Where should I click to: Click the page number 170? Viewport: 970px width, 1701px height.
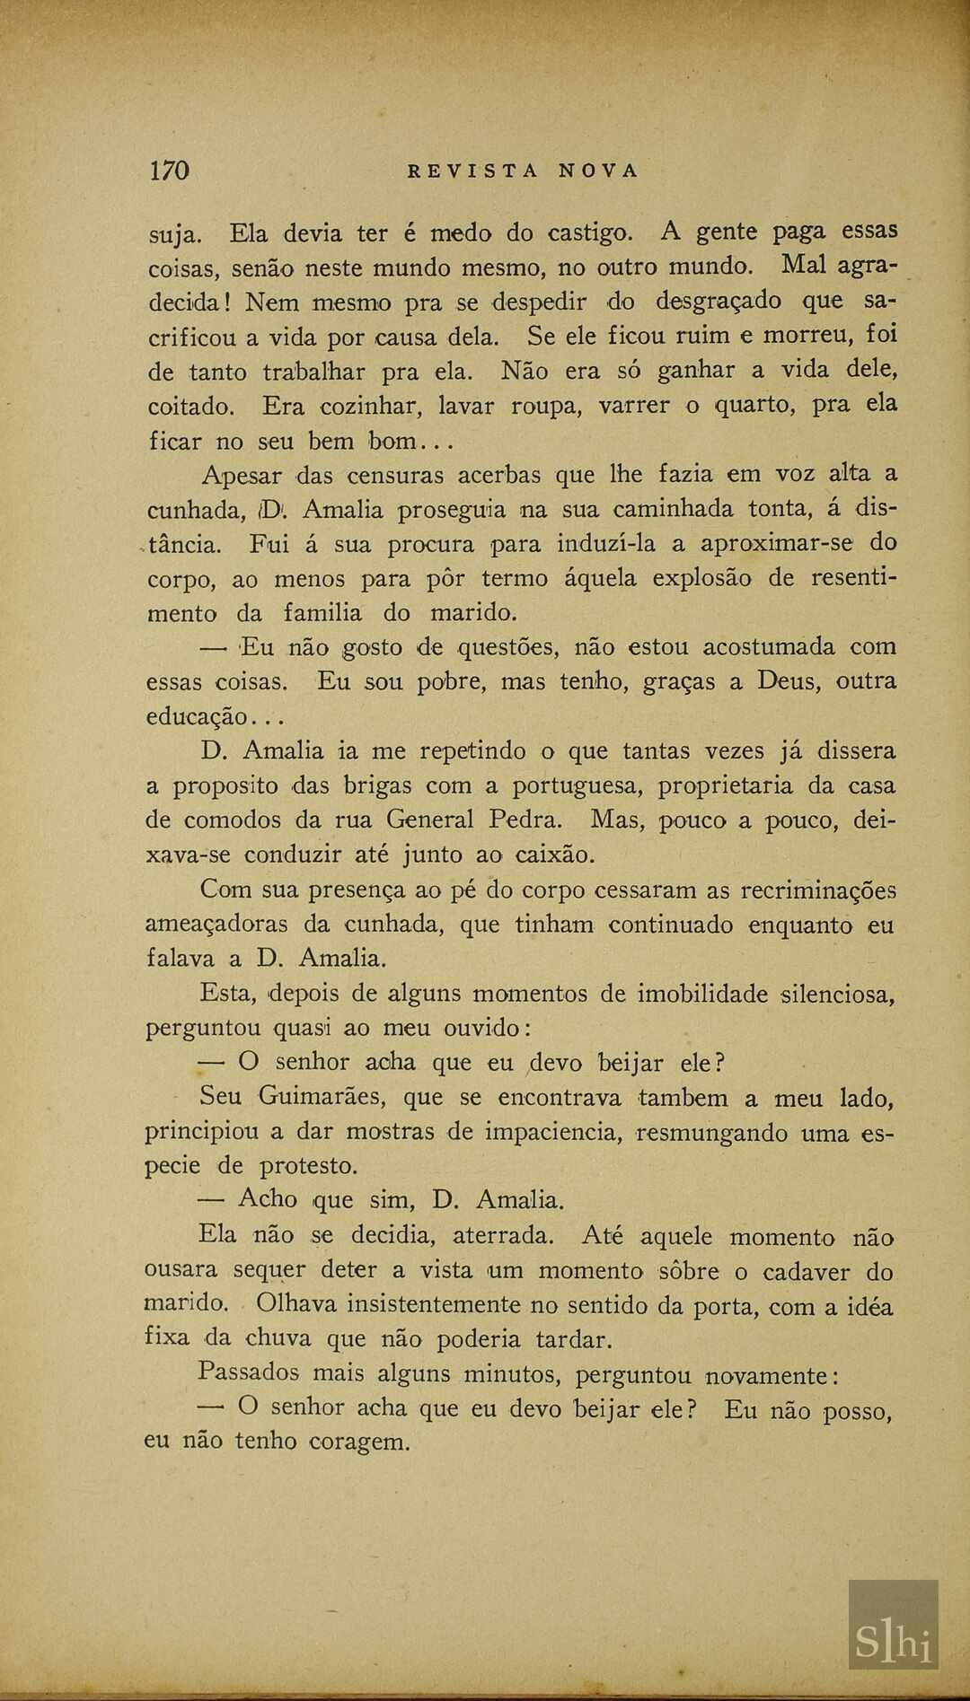click(169, 171)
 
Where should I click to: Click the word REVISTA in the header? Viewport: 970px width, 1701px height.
click(473, 171)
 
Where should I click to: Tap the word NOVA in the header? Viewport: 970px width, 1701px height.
click(598, 171)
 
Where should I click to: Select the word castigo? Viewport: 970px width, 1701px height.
click(590, 234)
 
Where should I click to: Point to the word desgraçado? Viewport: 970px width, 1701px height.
click(719, 302)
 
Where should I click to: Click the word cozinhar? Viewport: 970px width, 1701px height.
click(372, 407)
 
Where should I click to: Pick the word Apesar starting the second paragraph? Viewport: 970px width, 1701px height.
click(242, 476)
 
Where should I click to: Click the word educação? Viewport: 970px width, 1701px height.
click(197, 717)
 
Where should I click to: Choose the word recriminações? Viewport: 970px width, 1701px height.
click(818, 890)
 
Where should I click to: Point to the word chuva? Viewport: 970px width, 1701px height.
click(278, 1339)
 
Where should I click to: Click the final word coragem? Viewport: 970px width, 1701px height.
click(358, 1442)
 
